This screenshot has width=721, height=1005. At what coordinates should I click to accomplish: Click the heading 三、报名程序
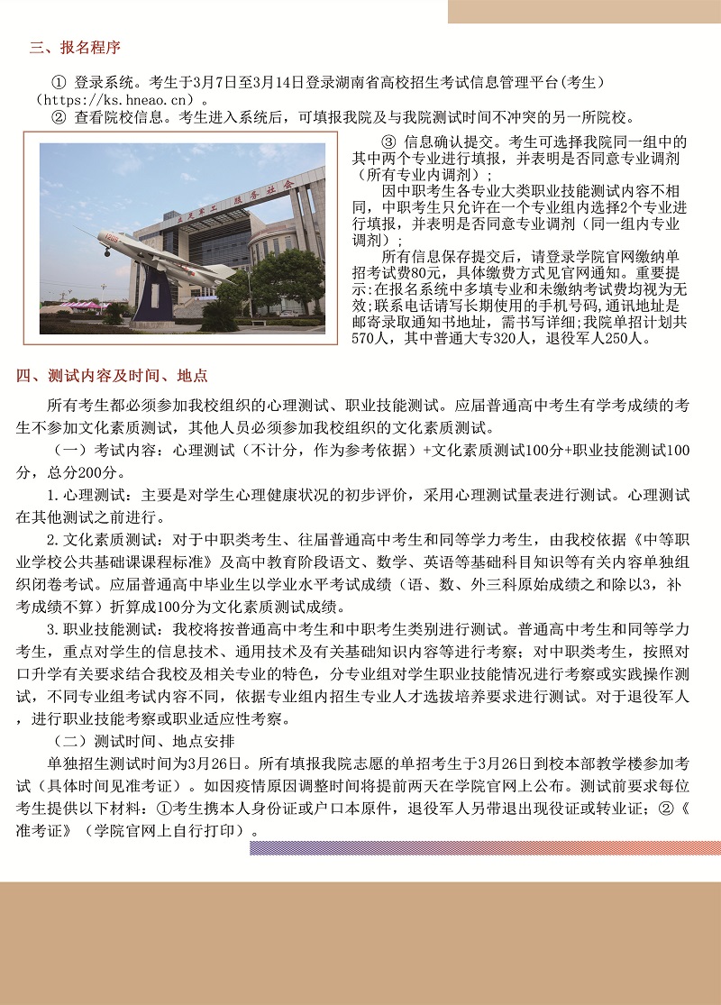point(75,48)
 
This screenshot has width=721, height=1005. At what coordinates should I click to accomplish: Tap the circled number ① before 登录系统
point(59,82)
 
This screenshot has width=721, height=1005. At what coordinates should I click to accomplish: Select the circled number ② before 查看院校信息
point(59,116)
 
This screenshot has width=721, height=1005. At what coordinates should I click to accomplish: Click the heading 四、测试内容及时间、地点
point(113,376)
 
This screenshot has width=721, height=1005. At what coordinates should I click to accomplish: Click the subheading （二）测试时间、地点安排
point(144,741)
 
